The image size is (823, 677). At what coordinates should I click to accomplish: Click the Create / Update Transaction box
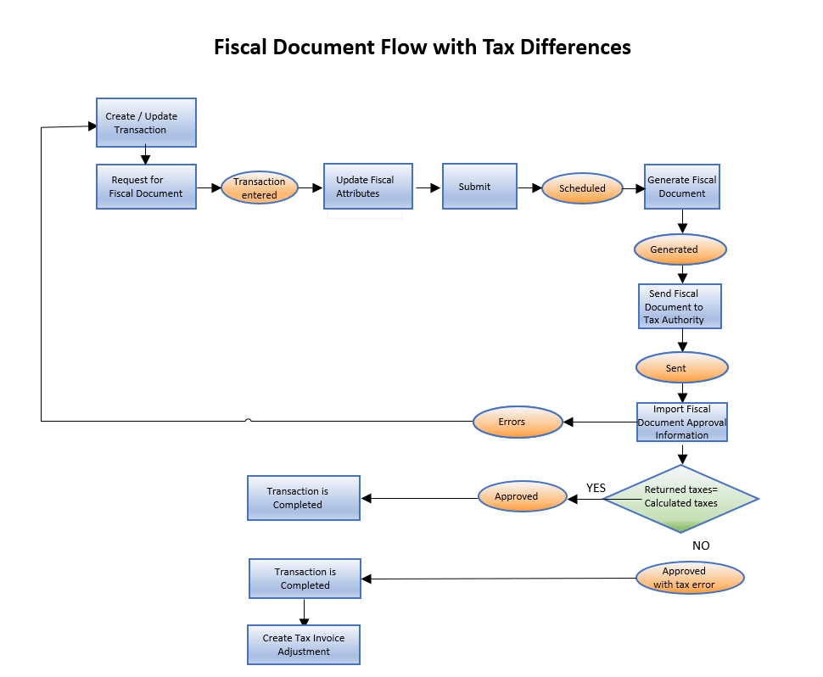pyautogui.click(x=146, y=122)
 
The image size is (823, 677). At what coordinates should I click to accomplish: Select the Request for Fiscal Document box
pyautogui.click(x=146, y=187)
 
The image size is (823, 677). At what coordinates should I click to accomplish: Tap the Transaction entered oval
pyautogui.click(x=260, y=188)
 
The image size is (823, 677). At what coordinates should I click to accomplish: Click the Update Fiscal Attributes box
pyautogui.click(x=368, y=187)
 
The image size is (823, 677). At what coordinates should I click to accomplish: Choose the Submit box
pyautogui.click(x=479, y=187)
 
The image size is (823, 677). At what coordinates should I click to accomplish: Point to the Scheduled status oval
pyautogui.click(x=582, y=188)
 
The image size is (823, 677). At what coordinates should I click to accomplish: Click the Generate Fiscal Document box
pyautogui.click(x=681, y=187)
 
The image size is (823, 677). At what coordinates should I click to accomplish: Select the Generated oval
pyautogui.click(x=680, y=249)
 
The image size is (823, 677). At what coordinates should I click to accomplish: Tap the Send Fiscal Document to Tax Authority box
pyautogui.click(x=680, y=306)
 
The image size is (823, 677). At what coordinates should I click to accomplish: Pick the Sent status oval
pyautogui.click(x=681, y=368)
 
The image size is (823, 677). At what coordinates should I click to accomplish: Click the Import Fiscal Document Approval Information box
pyautogui.click(x=682, y=422)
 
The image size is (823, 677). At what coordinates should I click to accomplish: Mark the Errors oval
pyautogui.click(x=518, y=422)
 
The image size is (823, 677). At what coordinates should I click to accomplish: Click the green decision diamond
pyautogui.click(x=680, y=498)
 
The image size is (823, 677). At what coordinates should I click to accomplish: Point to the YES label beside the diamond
pyautogui.click(x=596, y=488)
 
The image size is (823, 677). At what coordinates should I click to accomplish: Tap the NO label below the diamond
pyautogui.click(x=701, y=546)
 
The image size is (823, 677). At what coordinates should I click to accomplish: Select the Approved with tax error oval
pyautogui.click(x=690, y=578)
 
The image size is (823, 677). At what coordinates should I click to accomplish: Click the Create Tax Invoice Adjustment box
pyautogui.click(x=304, y=645)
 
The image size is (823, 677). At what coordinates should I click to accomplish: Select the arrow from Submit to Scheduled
pyautogui.click(x=529, y=187)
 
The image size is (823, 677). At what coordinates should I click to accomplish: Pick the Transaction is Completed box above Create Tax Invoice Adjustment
pyautogui.click(x=305, y=579)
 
